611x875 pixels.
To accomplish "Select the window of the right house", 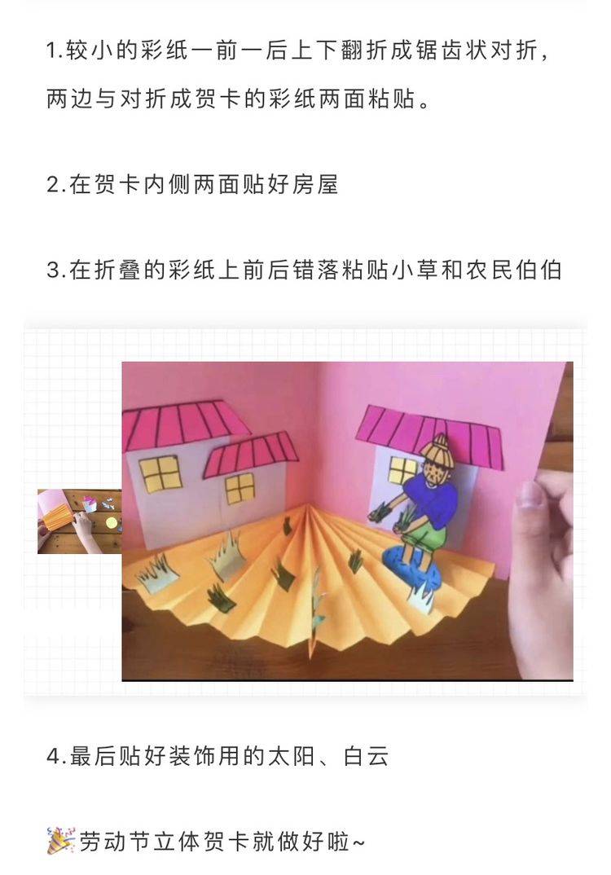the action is tap(403, 470).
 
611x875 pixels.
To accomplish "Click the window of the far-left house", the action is tap(160, 473).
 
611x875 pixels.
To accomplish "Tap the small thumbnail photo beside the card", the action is tap(79, 521).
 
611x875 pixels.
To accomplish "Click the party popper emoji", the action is tap(60, 841).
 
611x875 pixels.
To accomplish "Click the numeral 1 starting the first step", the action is tap(52, 51).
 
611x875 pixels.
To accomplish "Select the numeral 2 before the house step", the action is tap(55, 185).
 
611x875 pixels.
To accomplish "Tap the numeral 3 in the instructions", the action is tap(55, 270).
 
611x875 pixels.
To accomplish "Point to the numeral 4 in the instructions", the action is tap(55, 757).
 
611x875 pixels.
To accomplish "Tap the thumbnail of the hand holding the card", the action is tap(79, 521).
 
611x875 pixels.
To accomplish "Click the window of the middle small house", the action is tap(240, 489).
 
